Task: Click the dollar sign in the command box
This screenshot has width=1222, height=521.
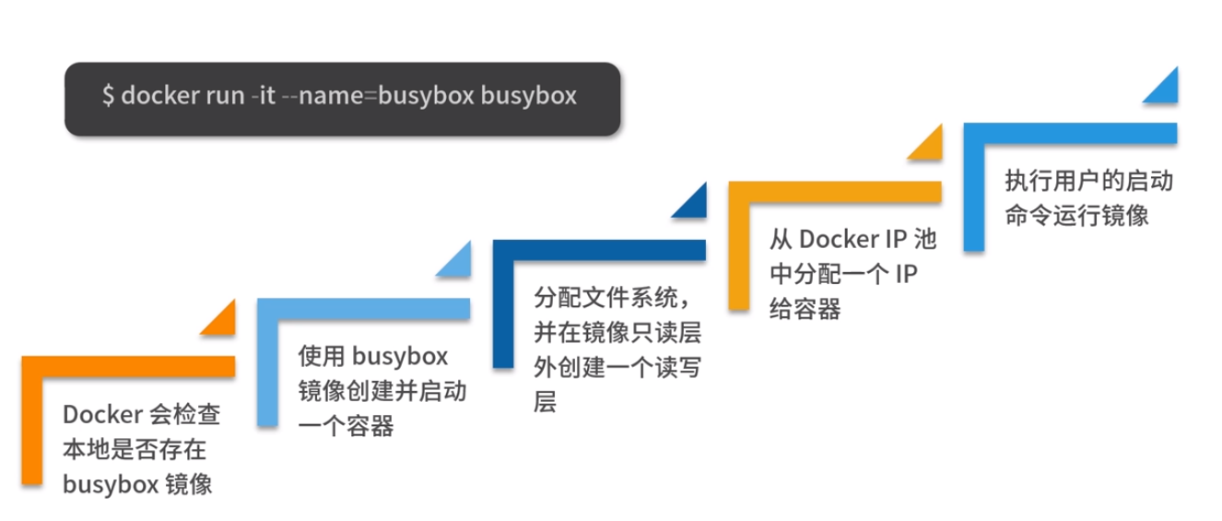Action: [x=108, y=97]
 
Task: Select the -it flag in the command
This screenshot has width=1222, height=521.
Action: [x=263, y=97]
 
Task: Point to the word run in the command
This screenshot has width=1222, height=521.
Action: [x=216, y=97]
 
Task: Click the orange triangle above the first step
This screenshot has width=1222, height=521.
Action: [x=222, y=317]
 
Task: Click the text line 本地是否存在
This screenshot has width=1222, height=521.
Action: [x=134, y=450]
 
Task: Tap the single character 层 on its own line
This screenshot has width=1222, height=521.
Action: [x=546, y=402]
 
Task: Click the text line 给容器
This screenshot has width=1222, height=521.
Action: [x=805, y=309]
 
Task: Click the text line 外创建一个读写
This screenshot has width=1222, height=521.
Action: [x=617, y=368]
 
